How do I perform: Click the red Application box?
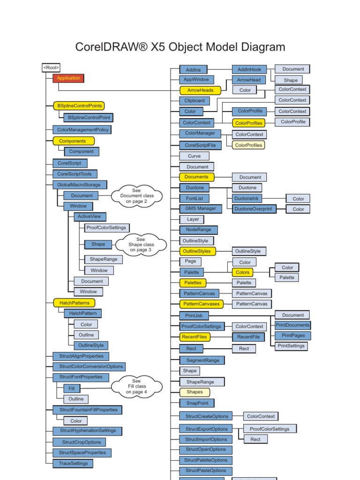(68, 78)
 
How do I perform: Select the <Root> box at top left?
(51, 68)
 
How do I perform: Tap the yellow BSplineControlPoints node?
(79, 106)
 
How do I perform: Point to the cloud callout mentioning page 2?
(136, 196)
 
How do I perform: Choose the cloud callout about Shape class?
(141, 244)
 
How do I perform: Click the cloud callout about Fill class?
(136, 386)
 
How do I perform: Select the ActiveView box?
(90, 217)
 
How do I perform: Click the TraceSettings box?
(73, 463)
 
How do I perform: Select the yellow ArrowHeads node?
(200, 90)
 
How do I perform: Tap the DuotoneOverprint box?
(254, 209)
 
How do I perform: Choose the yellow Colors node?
(242, 272)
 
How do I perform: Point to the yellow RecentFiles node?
(195, 337)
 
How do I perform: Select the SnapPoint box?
(197, 403)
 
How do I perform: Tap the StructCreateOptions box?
(207, 416)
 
